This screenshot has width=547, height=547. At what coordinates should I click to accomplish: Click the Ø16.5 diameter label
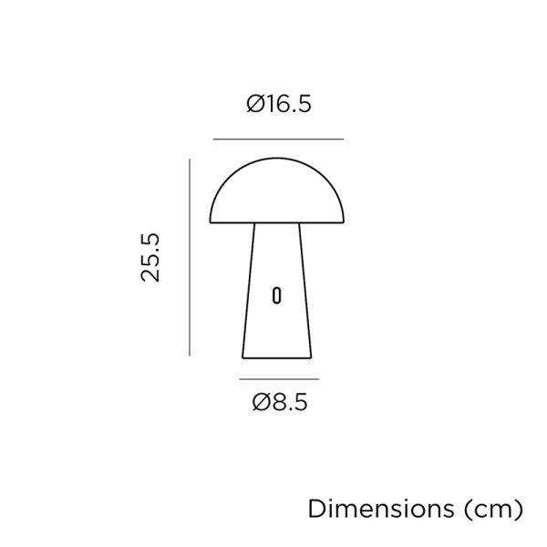pos(279,104)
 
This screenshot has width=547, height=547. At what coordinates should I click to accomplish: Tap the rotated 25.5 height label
pos(150,257)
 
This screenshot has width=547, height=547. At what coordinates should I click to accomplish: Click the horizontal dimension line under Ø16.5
pos(278,139)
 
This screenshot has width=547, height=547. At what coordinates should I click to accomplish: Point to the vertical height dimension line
pos(190,257)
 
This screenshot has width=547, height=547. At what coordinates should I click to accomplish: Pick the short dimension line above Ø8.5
pos(279,377)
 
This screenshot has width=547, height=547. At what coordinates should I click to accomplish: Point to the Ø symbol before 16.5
pos(256,104)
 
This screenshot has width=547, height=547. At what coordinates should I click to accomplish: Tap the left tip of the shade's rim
pos(212,223)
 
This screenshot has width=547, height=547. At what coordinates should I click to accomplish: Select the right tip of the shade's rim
pos(346,223)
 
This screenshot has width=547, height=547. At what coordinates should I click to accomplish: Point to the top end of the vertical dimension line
pos(190,160)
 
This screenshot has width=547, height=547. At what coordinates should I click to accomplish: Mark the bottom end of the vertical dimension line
pos(190,356)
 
